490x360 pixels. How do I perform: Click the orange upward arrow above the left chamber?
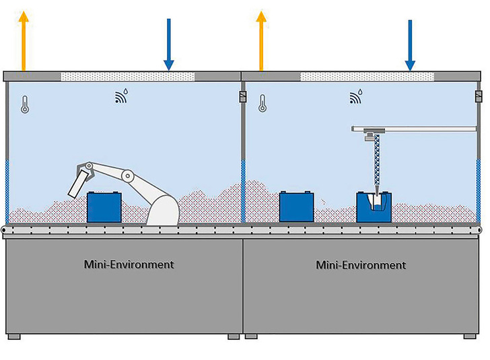[24, 40]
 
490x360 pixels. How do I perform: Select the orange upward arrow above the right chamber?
[261, 40]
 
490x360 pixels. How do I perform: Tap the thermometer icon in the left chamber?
[25, 104]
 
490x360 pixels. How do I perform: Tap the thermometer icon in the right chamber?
[263, 104]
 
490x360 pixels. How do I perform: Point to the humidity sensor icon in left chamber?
[121, 98]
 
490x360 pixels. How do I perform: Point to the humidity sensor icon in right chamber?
[356, 98]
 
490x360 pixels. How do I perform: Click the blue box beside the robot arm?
[105, 207]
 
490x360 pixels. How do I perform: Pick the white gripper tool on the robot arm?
[79, 183]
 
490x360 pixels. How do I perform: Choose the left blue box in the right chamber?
[297, 206]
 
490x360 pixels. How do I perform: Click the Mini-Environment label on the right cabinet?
[361, 264]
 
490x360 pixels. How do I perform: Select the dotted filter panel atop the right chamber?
[367, 76]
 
